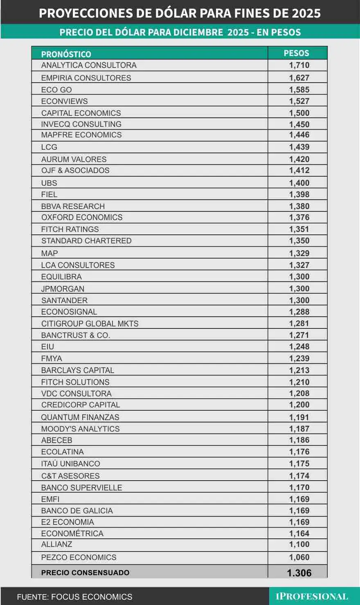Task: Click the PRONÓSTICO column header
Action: click(x=66, y=54)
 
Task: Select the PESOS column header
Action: click(x=297, y=53)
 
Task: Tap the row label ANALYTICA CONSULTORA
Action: click(x=89, y=65)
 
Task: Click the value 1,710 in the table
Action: click(x=299, y=65)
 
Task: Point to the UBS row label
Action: click(x=49, y=183)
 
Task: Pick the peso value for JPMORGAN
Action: click(x=299, y=289)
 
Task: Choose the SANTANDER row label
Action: click(x=64, y=301)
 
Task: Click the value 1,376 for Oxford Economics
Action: click(x=299, y=218)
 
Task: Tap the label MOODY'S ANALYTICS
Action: click(x=81, y=429)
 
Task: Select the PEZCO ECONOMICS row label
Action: click(x=79, y=558)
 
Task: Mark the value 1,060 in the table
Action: click(x=299, y=558)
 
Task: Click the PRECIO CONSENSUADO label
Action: click(x=85, y=573)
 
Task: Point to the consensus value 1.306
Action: click(x=299, y=573)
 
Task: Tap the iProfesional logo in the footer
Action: click(x=312, y=596)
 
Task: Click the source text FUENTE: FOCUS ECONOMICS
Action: click(x=74, y=597)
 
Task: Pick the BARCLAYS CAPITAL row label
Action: click(x=78, y=371)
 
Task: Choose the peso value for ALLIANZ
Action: click(x=299, y=545)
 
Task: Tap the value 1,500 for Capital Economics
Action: click(x=299, y=113)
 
